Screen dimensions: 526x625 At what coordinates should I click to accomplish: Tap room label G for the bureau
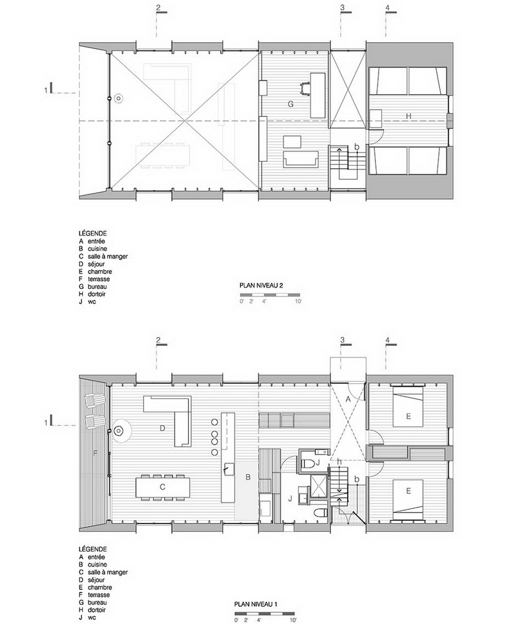[291, 104]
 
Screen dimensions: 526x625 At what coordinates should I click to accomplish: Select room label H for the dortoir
[409, 116]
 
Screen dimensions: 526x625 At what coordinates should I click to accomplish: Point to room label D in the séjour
[162, 429]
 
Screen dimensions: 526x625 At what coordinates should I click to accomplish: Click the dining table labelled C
[163, 487]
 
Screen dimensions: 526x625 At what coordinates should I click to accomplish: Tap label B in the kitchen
[248, 477]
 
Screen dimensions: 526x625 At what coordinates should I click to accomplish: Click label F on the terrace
[95, 453]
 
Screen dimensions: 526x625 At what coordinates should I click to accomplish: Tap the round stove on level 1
[118, 431]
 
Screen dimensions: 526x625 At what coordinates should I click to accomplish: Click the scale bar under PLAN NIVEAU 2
[270, 294]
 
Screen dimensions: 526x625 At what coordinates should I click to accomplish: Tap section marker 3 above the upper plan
[343, 8]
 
